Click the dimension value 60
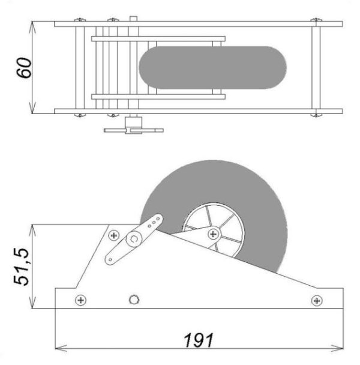(x=23, y=68)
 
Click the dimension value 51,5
(x=21, y=267)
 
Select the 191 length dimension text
(x=199, y=340)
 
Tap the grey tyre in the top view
(x=212, y=67)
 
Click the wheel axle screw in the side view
(x=214, y=234)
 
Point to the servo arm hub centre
(x=134, y=239)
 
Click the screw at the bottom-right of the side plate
(x=316, y=301)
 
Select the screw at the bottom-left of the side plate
(x=81, y=300)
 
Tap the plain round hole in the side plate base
(x=134, y=300)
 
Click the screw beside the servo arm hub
(x=114, y=235)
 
